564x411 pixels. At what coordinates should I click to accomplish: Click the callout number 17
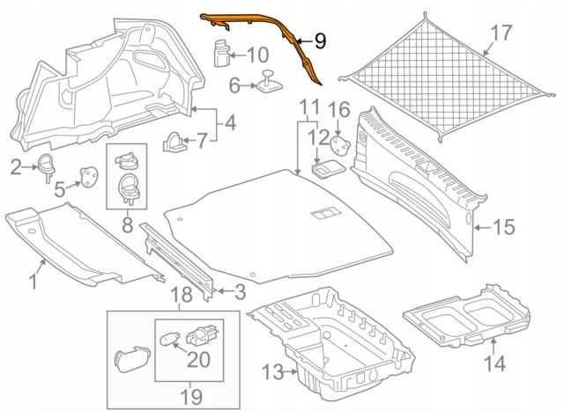tap(501, 34)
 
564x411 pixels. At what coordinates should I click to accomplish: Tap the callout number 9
tap(318, 40)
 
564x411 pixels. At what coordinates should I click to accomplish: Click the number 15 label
tap(502, 227)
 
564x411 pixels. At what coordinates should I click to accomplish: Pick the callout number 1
tap(33, 283)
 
